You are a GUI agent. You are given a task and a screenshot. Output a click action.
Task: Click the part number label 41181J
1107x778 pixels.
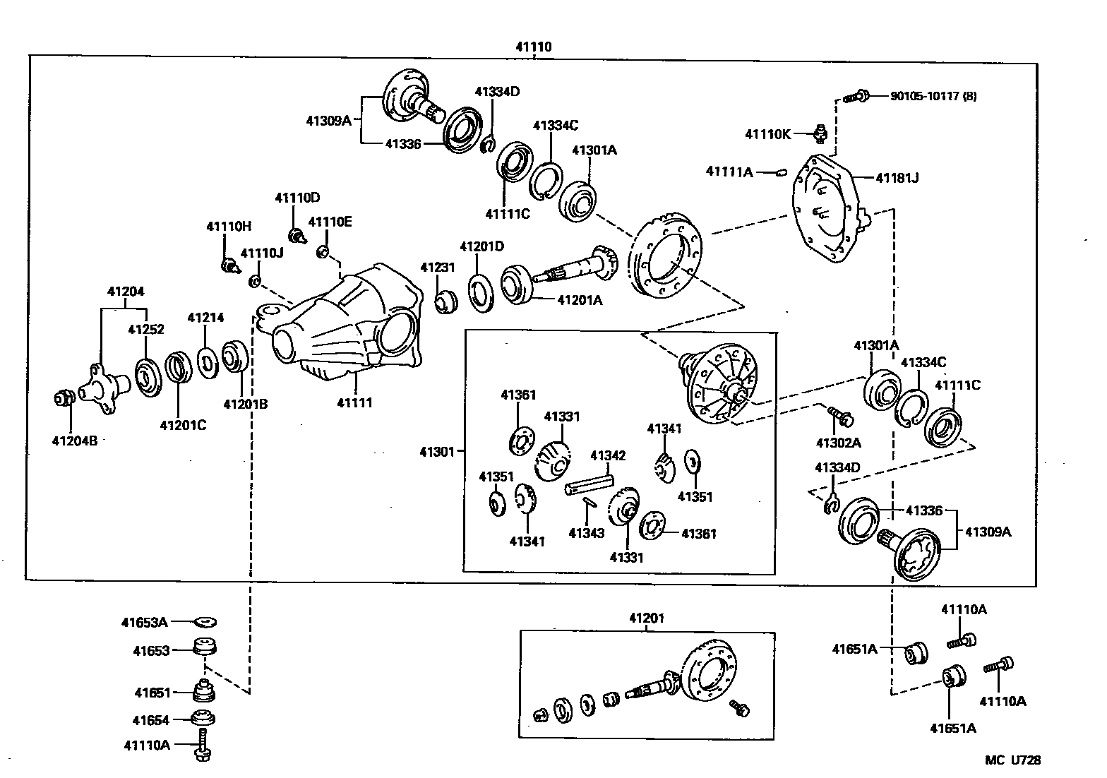(897, 178)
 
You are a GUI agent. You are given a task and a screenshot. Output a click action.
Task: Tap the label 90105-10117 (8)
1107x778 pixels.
(933, 96)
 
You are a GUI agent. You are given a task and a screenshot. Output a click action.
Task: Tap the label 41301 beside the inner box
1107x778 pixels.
(437, 451)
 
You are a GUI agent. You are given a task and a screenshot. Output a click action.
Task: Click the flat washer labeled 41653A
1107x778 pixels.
(205, 622)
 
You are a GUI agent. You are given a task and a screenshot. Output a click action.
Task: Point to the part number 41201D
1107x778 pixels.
(481, 246)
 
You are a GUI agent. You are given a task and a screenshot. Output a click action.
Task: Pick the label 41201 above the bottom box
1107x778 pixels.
(647, 618)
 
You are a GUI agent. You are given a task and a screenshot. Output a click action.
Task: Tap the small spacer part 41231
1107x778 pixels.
(445, 303)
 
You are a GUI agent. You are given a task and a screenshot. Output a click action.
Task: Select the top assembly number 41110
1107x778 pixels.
(534, 47)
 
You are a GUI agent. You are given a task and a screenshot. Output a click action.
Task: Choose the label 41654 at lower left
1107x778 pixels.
(151, 720)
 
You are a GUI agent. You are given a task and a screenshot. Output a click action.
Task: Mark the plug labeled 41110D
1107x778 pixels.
(297, 234)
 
